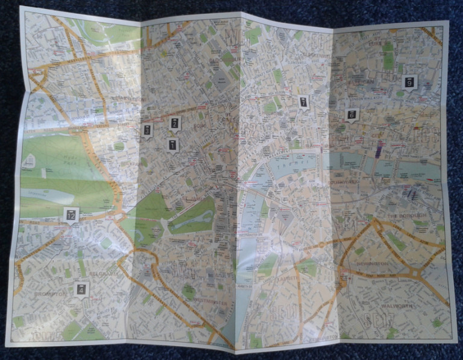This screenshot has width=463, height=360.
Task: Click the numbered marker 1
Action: pos(173,145)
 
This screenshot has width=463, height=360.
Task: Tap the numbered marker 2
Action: pos(175,124)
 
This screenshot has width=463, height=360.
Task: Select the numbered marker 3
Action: pos(147,130)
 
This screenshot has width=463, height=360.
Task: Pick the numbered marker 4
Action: pos(81,289)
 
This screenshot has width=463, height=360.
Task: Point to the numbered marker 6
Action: pos(351,114)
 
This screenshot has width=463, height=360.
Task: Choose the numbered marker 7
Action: pos(303,102)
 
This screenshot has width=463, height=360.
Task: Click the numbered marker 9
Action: pos(410,82)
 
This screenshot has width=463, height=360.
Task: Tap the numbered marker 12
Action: pos(71,215)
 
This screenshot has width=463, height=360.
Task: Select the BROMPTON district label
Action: pos(50,294)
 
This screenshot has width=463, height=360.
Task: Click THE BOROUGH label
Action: pos(406,215)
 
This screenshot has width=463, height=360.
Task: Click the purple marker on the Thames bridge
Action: pos(378,149)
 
